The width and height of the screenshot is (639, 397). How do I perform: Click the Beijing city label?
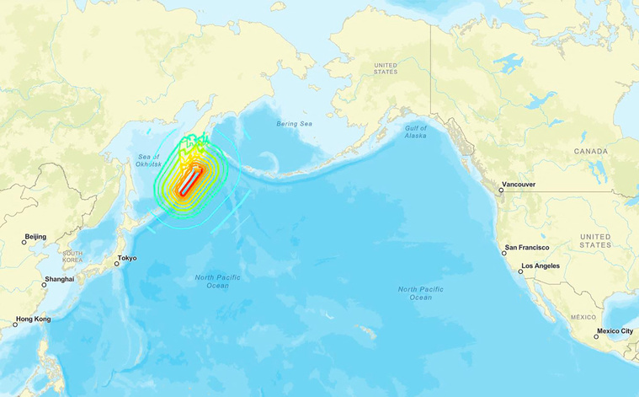tap(35, 237)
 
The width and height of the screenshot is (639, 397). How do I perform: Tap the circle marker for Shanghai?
tap(45, 285)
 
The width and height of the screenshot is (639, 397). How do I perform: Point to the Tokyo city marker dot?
tap(117, 264)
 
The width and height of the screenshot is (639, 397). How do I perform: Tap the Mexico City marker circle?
tap(596, 337)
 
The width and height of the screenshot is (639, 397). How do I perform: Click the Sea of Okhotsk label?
tap(148, 161)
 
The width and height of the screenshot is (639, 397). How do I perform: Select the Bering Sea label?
tap(294, 124)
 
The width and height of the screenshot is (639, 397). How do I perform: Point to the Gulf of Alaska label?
tap(415, 131)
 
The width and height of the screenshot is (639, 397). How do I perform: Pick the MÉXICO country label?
tap(583, 317)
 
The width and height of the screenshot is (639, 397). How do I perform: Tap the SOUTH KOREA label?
tap(72, 257)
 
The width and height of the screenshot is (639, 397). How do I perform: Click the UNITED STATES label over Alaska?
tap(385, 68)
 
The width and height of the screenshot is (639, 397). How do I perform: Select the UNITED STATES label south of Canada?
tap(595, 240)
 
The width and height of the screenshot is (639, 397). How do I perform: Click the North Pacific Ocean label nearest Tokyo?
tap(217, 282)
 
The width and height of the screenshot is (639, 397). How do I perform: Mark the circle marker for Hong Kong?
tap(15, 325)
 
